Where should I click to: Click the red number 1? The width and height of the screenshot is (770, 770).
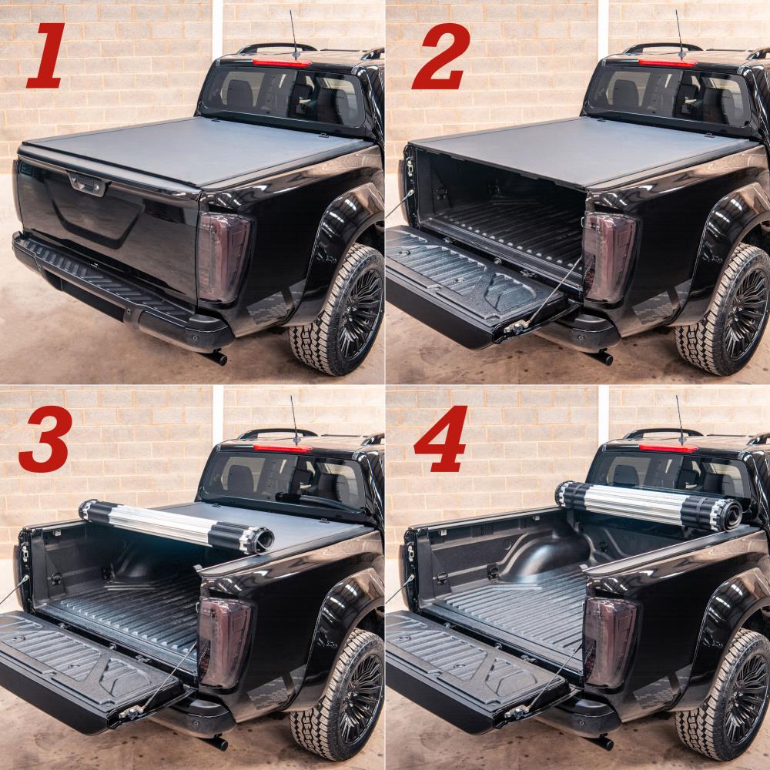[x=46, y=55]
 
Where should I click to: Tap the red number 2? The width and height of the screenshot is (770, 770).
[x=440, y=57]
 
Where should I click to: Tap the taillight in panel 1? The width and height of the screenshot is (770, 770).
[x=223, y=256]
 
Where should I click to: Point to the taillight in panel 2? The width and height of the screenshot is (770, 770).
[x=608, y=256]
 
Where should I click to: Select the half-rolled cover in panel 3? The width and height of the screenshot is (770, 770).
[x=177, y=527]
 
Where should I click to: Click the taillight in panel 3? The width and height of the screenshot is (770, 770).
[x=223, y=641]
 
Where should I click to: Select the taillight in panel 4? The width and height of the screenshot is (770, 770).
[x=609, y=641]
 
